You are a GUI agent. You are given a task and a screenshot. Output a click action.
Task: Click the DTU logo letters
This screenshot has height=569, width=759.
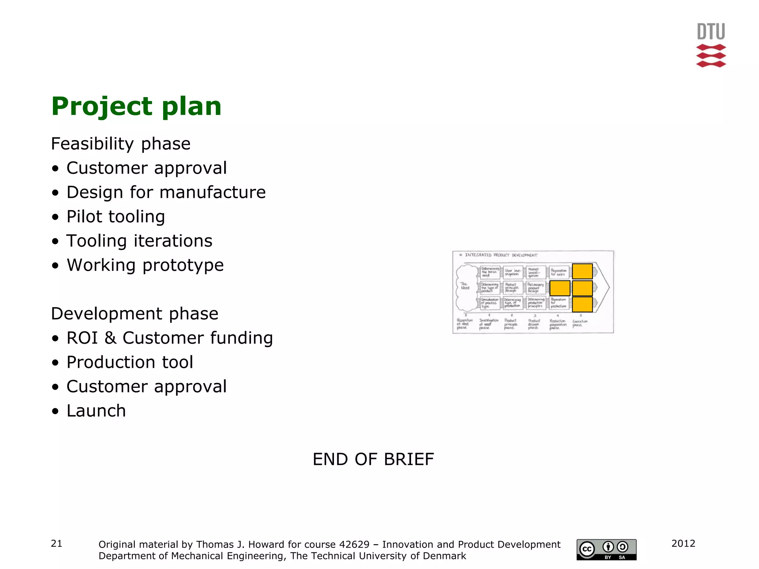tap(711, 31)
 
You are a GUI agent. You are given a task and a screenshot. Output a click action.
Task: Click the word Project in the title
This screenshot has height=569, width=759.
tap(101, 107)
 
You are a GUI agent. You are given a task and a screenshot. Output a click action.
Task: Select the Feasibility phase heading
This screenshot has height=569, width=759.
tap(121, 144)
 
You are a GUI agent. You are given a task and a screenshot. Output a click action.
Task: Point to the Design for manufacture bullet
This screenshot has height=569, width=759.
tap(166, 192)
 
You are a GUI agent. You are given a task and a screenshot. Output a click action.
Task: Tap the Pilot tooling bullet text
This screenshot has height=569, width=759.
tap(116, 217)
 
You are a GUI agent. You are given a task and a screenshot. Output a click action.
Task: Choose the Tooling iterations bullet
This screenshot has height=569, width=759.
tap(139, 241)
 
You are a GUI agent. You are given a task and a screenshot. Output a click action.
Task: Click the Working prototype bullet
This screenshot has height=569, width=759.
tap(145, 265)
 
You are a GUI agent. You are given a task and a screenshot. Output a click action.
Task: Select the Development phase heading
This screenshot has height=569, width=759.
tap(135, 314)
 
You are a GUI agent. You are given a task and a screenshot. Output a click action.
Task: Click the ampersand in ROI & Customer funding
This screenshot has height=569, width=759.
tap(110, 338)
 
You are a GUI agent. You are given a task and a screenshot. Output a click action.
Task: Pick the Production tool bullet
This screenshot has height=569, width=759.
tap(130, 362)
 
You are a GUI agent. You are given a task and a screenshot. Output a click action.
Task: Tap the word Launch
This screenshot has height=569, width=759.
tap(96, 411)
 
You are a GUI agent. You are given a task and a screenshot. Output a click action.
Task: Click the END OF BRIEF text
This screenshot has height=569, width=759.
tap(373, 459)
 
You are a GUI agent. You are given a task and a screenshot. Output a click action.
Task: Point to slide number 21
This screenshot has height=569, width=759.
tap(56, 543)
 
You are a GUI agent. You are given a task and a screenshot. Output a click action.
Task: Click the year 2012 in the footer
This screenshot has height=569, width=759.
tap(683, 543)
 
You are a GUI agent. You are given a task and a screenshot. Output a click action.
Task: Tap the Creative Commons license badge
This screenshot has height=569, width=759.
tap(606, 549)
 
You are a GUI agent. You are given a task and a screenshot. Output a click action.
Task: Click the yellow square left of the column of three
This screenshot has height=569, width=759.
tap(560, 288)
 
